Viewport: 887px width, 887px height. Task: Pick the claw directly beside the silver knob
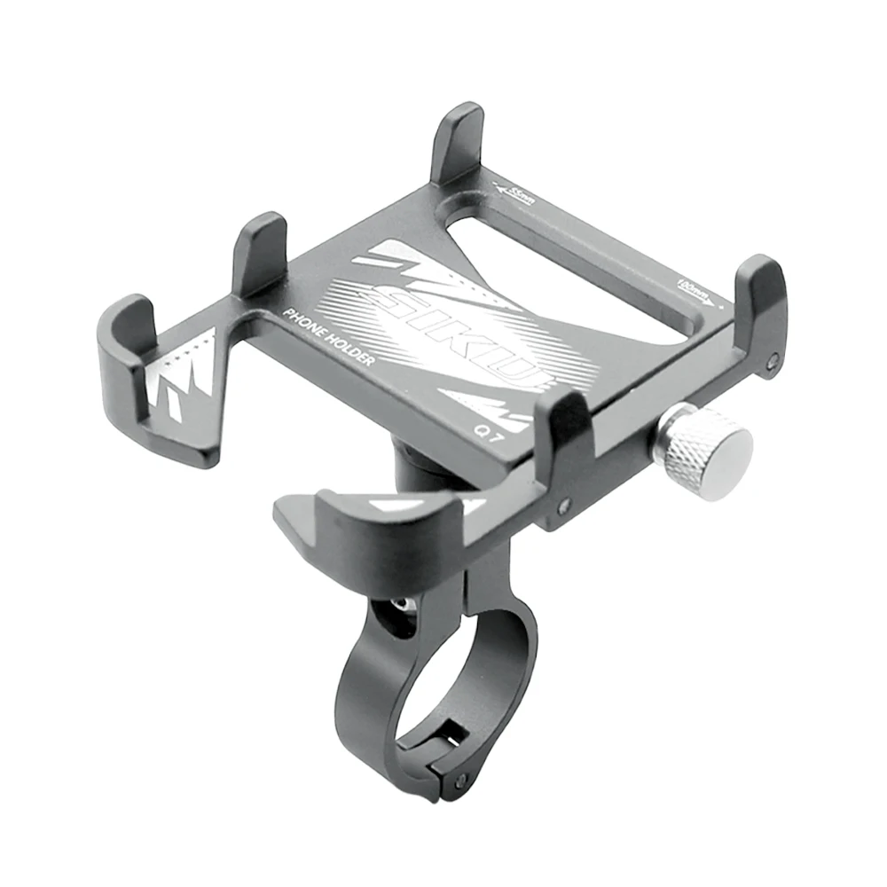568,426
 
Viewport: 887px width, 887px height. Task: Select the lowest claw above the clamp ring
381,523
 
